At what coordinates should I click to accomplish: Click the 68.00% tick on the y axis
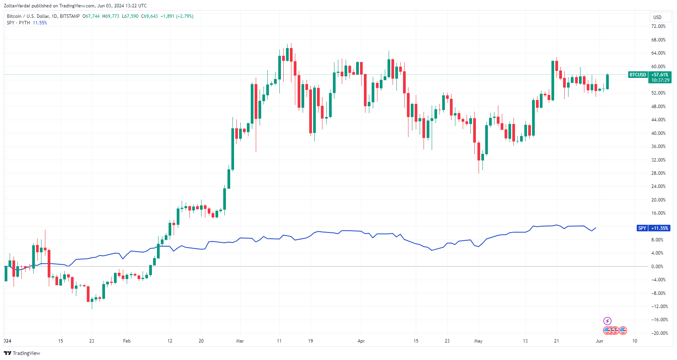pyautogui.click(x=658, y=40)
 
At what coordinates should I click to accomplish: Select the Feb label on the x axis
pyautogui.click(x=127, y=341)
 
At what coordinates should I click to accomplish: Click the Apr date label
pyautogui.click(x=361, y=341)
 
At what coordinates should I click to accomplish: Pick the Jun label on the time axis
pyautogui.click(x=599, y=341)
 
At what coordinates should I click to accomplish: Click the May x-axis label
pyautogui.click(x=478, y=341)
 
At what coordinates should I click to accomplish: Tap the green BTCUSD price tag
pyautogui.click(x=637, y=75)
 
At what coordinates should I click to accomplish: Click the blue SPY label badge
pyautogui.click(x=642, y=228)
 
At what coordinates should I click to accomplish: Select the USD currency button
pyautogui.click(x=657, y=17)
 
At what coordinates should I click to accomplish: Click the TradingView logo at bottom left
pyautogui.click(x=22, y=353)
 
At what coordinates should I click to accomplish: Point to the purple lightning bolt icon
pyautogui.click(x=607, y=321)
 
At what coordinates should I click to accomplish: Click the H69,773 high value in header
pyautogui.click(x=111, y=16)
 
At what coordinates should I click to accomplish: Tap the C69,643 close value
pyautogui.click(x=149, y=16)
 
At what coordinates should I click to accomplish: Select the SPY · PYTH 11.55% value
pyautogui.click(x=40, y=23)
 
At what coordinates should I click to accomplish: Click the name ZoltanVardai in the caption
pyautogui.click(x=17, y=6)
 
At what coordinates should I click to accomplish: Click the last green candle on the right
pyautogui.click(x=607, y=81)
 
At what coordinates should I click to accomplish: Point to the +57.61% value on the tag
pyautogui.click(x=660, y=75)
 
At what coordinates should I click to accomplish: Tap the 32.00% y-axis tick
pyautogui.click(x=658, y=160)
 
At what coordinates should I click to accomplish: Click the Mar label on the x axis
pyautogui.click(x=240, y=341)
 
